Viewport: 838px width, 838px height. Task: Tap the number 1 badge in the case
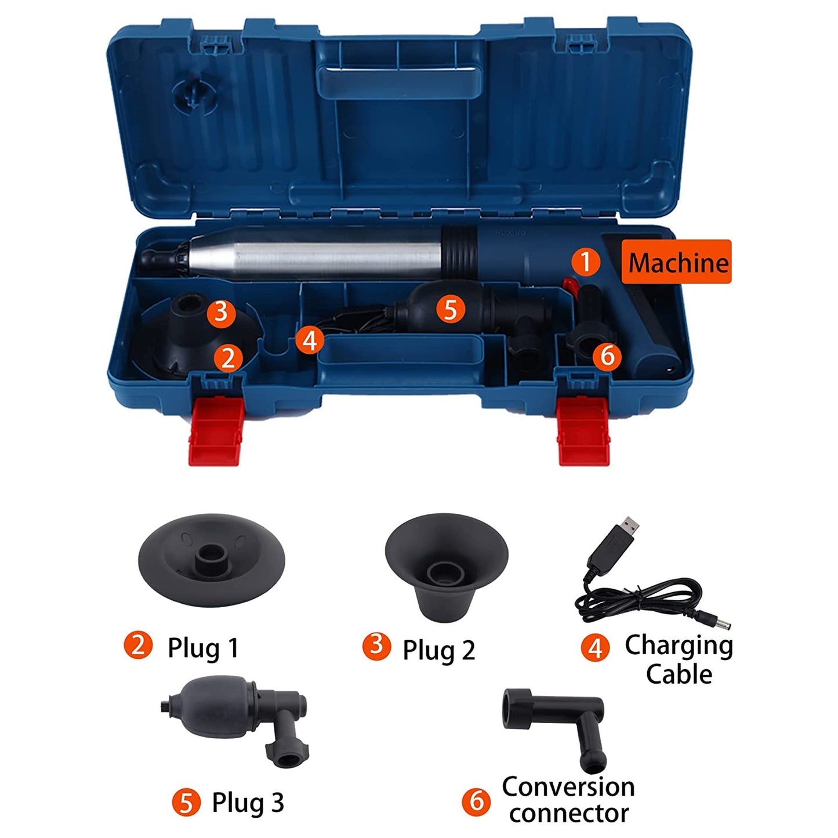[x=585, y=262]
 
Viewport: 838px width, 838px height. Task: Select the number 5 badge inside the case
[x=451, y=309]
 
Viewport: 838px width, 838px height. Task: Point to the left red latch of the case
[x=215, y=430]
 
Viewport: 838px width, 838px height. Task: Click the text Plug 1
[x=203, y=648]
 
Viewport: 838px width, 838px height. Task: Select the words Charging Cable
[x=679, y=660]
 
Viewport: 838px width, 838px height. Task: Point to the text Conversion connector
[x=568, y=800]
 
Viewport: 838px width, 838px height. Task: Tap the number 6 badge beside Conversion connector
[x=476, y=801]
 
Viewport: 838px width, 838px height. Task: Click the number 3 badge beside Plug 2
[x=376, y=645]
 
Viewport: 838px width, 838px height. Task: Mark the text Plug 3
[x=248, y=803]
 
